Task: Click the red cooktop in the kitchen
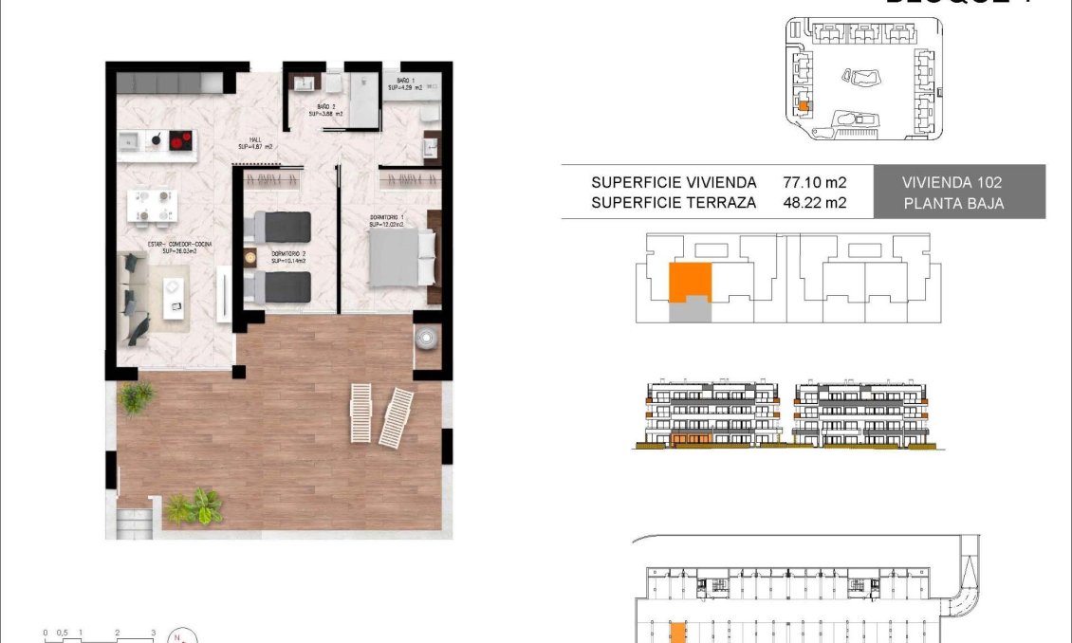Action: [x=180, y=141]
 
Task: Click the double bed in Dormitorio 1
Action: [x=401, y=258]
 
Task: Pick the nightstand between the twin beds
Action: [x=251, y=257]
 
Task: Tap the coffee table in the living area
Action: [x=175, y=297]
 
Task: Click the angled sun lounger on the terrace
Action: [x=397, y=417]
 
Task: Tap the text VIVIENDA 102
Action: [x=952, y=182]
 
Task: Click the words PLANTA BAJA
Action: [x=952, y=202]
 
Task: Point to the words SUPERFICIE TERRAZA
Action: [x=673, y=202]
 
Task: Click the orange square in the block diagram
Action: [x=690, y=283]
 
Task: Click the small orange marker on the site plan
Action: [x=803, y=107]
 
